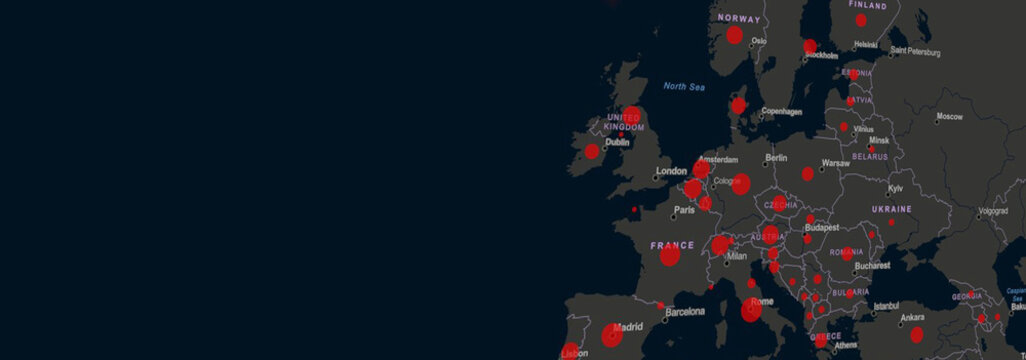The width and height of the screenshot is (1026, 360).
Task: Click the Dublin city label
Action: [x=617, y=142]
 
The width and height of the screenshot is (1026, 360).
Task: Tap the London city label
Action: [x=672, y=171]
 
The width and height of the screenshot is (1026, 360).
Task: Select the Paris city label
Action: [x=684, y=210]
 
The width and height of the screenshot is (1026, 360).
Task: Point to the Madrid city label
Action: [x=628, y=327]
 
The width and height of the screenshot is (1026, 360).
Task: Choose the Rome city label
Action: [x=762, y=302]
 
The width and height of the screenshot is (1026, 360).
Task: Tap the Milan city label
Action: [x=737, y=256]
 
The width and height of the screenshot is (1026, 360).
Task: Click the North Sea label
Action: [x=684, y=87]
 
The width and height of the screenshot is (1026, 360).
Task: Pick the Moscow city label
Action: [x=949, y=118]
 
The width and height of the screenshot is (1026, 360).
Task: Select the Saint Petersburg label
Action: [x=915, y=50]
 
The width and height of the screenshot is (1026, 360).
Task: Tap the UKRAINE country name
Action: [x=891, y=209]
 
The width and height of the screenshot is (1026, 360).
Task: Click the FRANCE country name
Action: [x=672, y=245]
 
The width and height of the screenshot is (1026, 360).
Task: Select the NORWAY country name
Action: [x=738, y=18]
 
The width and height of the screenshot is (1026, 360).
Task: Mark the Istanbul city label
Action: [x=886, y=306]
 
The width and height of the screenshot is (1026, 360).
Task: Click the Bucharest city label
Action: [x=872, y=266]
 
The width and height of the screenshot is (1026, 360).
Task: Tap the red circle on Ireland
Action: [x=592, y=152]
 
